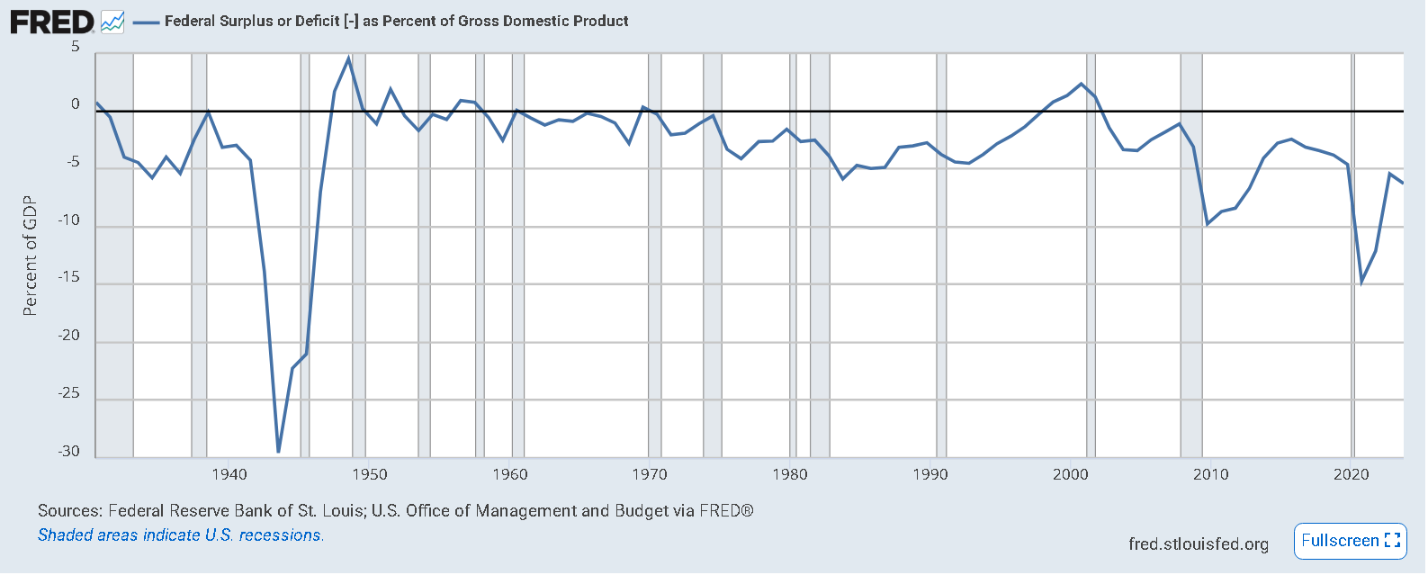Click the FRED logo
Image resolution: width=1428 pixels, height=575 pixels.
pos(52,22)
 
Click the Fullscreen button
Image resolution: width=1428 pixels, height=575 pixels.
pos(1350,541)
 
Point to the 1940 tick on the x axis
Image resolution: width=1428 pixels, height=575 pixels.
pos(229,474)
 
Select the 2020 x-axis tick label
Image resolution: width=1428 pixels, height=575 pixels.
pos(1351,474)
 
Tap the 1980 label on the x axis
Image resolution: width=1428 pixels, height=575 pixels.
pos(790,474)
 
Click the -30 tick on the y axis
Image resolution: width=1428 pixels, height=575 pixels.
pos(69,452)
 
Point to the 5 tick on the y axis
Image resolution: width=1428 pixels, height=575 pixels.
pos(76,47)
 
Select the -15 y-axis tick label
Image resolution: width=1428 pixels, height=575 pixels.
pos(69,278)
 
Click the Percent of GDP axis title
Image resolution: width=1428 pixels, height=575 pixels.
pos(30,256)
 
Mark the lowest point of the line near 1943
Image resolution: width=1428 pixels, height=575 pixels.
pos(278,452)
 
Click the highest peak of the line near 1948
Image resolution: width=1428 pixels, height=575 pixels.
pos(348,58)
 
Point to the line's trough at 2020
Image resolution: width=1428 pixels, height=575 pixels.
pos(1361,282)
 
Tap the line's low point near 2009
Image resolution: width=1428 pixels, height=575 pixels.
pos(1207,223)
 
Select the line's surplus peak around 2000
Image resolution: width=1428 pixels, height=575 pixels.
pos(1082,84)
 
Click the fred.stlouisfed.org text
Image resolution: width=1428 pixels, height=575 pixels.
pos(1198,544)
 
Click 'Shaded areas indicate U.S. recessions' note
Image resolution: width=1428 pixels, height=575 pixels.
pos(181,535)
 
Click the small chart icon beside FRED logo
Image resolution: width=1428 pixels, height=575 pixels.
pos(112,22)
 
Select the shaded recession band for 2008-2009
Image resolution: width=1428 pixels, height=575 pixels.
pos(1190,270)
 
